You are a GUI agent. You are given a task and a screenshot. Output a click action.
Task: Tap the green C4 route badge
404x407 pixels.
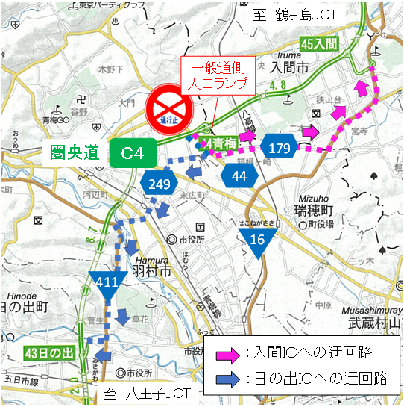coord(133,154)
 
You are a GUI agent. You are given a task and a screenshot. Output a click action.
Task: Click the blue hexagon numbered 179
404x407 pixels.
coord(280,149)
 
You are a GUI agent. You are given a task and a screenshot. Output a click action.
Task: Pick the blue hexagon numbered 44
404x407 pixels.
coord(239,176)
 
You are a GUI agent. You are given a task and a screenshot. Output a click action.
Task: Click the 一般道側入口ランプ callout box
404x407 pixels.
coord(219,75)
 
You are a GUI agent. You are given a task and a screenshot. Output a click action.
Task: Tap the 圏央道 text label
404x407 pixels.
coord(75,154)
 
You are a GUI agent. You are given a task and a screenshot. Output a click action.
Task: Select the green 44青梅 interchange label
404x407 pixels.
coord(221,143)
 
